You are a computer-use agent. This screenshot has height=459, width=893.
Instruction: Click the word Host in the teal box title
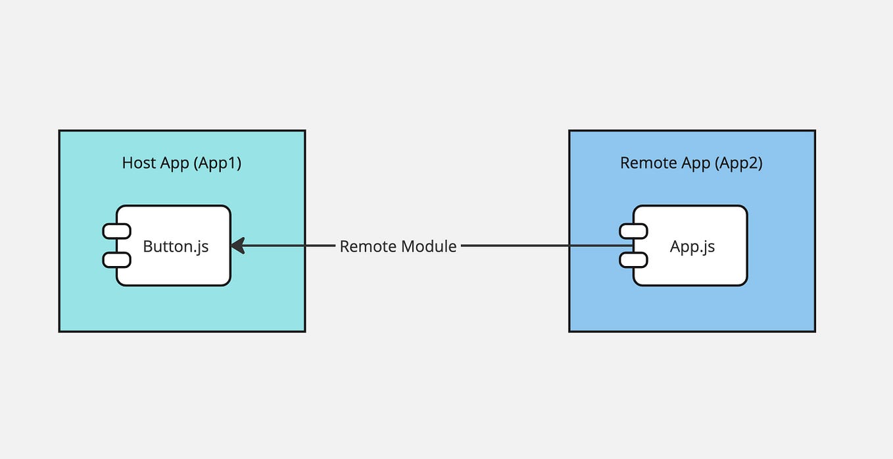point(139,163)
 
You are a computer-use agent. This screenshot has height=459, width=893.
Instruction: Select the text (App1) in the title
point(217,163)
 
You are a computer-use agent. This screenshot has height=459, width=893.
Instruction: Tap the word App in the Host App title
point(175,163)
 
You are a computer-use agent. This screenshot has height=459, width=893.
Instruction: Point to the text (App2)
point(737,163)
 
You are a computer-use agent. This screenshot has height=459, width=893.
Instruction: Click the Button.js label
point(176,246)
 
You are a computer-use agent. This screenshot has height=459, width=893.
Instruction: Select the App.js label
point(692,246)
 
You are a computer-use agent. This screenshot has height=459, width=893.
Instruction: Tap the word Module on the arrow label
point(429,246)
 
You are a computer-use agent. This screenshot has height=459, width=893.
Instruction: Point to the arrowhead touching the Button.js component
point(237,246)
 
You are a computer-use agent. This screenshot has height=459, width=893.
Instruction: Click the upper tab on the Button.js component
point(116,231)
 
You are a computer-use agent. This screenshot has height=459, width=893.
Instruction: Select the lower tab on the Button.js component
point(116,260)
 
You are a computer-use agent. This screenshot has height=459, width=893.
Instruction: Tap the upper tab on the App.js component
point(633,231)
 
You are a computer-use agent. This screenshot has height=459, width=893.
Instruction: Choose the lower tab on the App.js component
point(633,260)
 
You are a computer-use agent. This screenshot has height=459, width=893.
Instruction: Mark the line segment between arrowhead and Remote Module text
point(289,246)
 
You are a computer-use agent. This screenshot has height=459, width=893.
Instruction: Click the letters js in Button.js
point(202,247)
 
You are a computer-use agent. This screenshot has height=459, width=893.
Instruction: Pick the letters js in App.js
point(707,247)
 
